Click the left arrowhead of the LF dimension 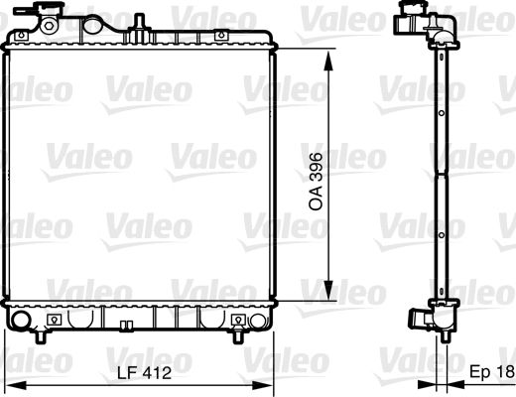coord(10,385)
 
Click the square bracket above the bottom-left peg coord(53,319)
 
